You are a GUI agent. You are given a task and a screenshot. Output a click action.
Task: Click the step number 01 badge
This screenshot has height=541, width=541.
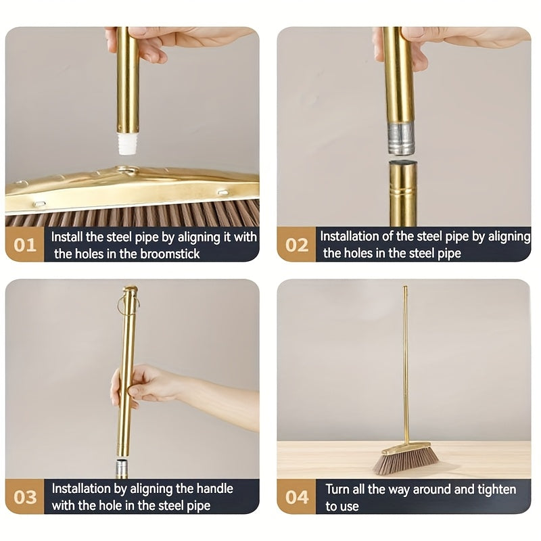click(x=25, y=244)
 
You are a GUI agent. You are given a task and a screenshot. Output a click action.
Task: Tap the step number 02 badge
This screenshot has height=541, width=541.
click(x=296, y=244)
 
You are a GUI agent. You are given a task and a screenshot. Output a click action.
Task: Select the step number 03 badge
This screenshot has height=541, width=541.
click(x=25, y=497)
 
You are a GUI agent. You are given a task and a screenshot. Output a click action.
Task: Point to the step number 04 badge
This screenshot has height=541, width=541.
click(x=296, y=497)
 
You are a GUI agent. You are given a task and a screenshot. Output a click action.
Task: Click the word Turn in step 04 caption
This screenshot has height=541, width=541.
click(x=338, y=488)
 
